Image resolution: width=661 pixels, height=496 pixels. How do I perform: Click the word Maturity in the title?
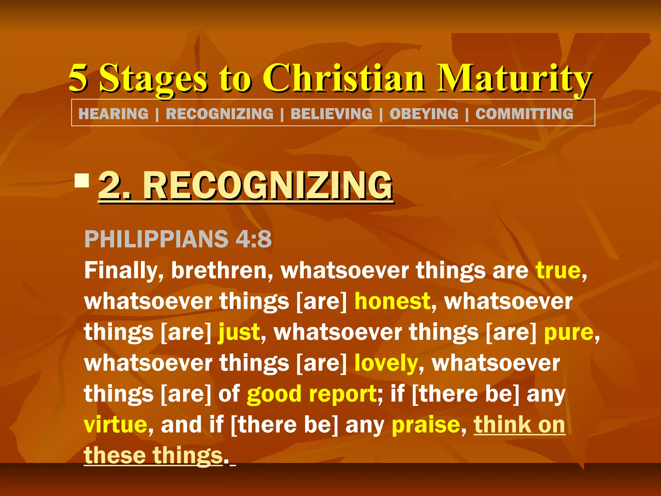(x=514, y=78)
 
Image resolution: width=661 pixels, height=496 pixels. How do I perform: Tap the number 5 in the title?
(x=78, y=77)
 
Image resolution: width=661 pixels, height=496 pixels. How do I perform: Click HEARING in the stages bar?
(x=113, y=114)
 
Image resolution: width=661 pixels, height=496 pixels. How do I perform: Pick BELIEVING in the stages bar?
(x=331, y=114)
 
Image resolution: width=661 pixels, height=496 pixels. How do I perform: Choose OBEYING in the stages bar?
(x=424, y=114)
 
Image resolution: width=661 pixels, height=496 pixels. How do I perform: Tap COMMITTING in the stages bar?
(x=524, y=114)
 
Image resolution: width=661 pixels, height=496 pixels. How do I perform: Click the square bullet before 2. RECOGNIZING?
(x=82, y=181)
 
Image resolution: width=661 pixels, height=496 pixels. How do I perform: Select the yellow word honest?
(x=392, y=301)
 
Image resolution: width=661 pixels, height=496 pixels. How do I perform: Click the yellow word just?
(x=239, y=332)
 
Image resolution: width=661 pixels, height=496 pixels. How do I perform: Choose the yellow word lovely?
(x=386, y=363)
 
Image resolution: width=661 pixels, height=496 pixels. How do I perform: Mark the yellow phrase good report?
(x=311, y=394)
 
